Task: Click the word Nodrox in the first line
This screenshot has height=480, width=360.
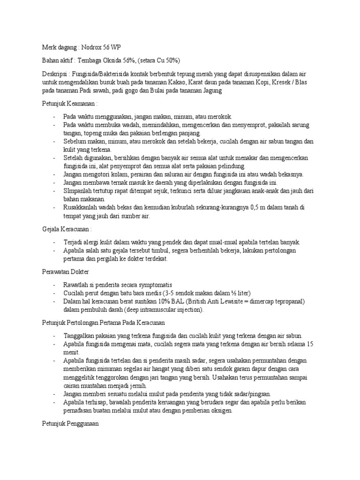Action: click(93, 48)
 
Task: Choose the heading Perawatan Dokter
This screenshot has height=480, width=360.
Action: click(63, 272)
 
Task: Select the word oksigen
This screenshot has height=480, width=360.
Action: click(219, 411)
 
